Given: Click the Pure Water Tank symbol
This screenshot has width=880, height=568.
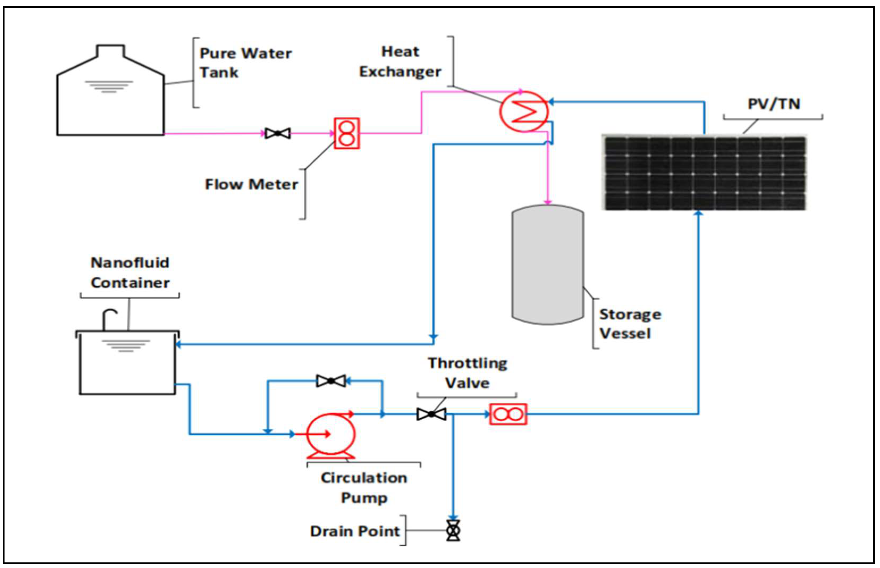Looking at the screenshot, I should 110,100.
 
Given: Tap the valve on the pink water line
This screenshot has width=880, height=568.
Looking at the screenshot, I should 277,133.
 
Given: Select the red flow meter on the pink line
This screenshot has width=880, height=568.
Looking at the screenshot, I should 347,133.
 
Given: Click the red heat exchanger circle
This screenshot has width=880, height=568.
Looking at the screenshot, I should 524,111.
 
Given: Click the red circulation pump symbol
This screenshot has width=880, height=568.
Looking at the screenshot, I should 331,434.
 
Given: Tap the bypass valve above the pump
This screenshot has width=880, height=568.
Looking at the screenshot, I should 331,381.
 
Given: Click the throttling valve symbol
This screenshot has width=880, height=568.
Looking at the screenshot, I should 431,414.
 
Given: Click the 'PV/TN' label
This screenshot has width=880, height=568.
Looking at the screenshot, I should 774,104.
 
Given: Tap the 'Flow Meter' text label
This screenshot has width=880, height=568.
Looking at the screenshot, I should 251,184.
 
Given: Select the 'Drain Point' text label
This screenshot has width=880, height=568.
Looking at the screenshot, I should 355,531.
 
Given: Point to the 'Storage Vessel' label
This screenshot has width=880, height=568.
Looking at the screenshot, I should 630,324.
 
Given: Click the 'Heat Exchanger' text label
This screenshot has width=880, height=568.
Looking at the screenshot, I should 400,62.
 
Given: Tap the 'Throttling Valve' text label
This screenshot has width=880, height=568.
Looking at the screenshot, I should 468,373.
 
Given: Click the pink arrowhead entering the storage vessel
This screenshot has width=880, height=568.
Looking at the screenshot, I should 548,201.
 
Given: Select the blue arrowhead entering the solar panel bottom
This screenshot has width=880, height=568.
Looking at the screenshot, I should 698,213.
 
